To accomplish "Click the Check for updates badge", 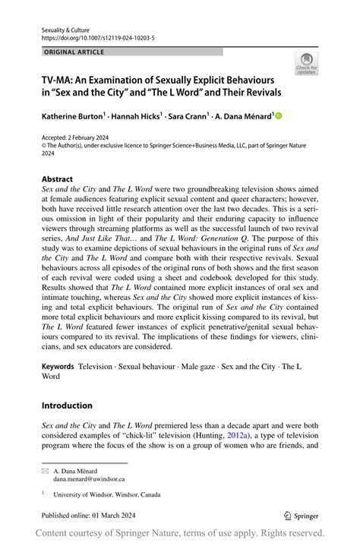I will coord(308,63).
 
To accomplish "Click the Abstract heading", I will coord(58,180).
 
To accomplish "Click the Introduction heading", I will coord(67,406).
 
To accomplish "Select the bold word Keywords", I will coord(58,366).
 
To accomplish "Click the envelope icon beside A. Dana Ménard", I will coord(45,472).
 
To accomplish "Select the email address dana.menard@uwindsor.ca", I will coord(89,480).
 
